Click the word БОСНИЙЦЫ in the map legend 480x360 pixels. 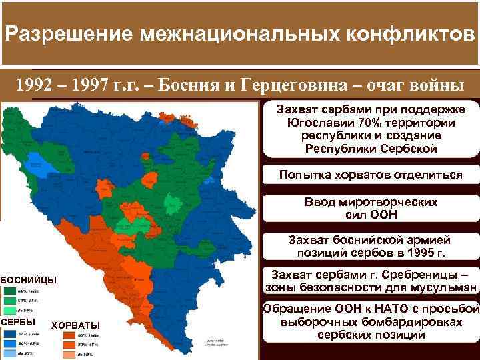coord(29,279)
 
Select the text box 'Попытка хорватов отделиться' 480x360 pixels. coord(371,175)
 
